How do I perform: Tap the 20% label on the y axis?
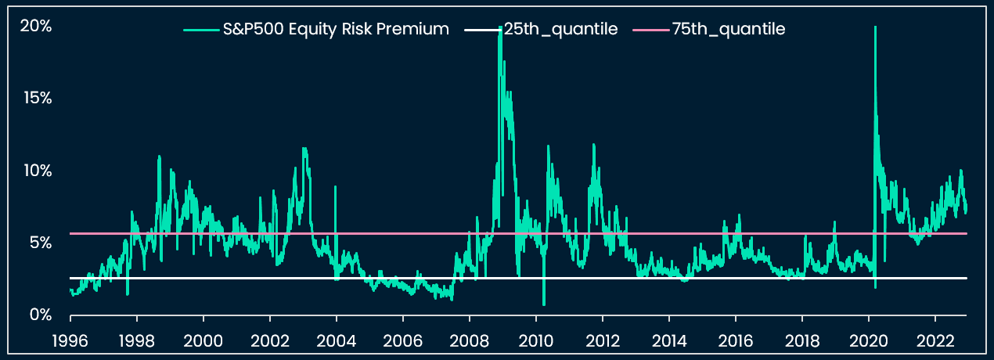[35, 26]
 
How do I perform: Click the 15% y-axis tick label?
[36, 98]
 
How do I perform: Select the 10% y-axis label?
[36, 170]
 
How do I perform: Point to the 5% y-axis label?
[39, 243]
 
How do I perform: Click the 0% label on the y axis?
[39, 315]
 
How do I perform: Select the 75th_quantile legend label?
[728, 30]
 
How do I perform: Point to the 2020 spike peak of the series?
[874, 27]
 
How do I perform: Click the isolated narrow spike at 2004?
[336, 188]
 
